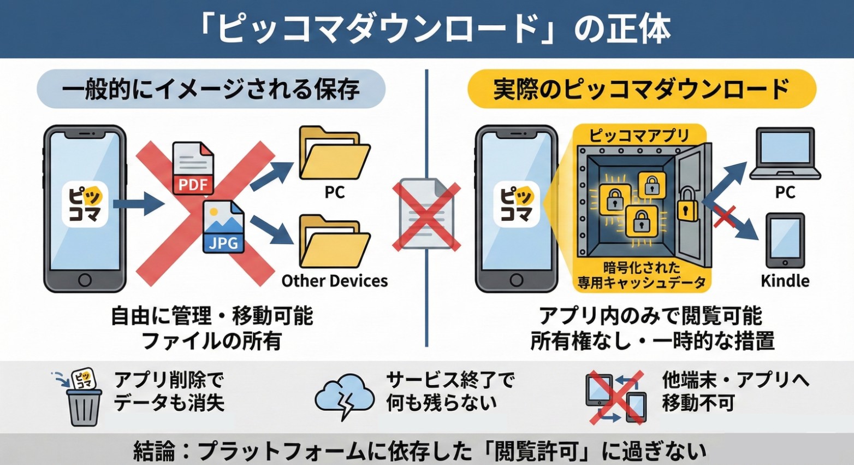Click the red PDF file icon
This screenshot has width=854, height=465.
(193, 168)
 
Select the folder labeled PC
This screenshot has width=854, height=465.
(334, 154)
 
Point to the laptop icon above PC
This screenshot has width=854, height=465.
(785, 154)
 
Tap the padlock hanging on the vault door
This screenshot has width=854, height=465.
(687, 205)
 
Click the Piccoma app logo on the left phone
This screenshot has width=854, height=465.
(85, 204)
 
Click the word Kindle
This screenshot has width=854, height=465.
(785, 281)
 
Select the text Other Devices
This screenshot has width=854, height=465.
(334, 281)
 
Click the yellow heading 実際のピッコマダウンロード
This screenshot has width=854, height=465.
(641, 89)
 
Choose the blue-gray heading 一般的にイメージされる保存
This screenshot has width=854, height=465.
(211, 89)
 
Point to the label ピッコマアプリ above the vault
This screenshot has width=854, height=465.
(639, 135)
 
